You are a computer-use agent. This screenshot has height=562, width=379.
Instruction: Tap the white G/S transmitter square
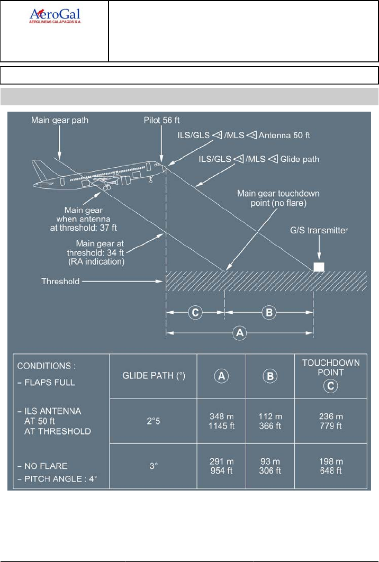click(x=319, y=267)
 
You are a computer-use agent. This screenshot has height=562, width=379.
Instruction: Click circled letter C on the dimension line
click(x=195, y=312)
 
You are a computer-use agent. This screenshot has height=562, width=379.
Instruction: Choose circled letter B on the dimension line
click(x=269, y=312)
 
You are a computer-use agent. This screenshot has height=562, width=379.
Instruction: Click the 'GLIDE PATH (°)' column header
click(x=152, y=376)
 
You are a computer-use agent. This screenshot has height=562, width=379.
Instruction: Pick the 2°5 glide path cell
click(x=152, y=421)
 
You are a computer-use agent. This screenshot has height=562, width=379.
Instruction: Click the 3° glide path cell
click(x=152, y=467)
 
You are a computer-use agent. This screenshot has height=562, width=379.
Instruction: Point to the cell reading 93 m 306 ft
click(x=269, y=467)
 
